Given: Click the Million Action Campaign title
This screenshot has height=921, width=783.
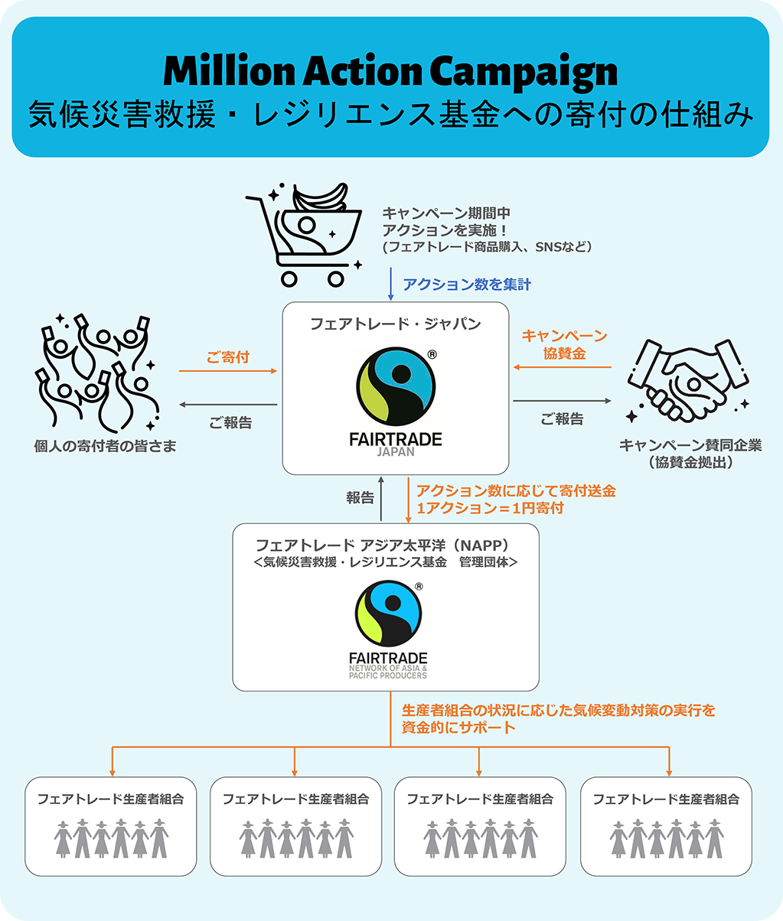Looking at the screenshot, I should pyautogui.click(x=390, y=72).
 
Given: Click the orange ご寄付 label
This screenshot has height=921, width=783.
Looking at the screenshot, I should pyautogui.click(x=228, y=357).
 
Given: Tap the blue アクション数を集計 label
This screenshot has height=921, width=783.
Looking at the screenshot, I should pyautogui.click(x=467, y=285).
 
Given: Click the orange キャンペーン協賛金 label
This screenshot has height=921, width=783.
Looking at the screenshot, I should pyautogui.click(x=564, y=344).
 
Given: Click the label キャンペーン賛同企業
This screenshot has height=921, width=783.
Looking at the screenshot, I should pyautogui.click(x=690, y=445).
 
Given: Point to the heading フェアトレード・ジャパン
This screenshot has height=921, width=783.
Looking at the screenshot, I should pyautogui.click(x=396, y=324).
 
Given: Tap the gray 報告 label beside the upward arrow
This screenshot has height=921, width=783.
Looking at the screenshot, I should pyautogui.click(x=360, y=498).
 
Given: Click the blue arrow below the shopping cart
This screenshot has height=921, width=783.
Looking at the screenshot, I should pyautogui.click(x=391, y=284).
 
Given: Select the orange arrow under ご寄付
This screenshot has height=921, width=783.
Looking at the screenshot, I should pyautogui.click(x=228, y=371).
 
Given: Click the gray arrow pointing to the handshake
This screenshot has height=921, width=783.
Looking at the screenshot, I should pyautogui.click(x=562, y=401).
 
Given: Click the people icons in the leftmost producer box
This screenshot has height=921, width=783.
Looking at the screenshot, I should pyautogui.click(x=111, y=838).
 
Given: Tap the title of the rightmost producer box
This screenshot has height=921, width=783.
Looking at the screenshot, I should pyautogui.click(x=666, y=799).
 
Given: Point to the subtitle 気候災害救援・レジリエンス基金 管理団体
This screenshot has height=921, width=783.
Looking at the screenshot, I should pyautogui.click(x=386, y=562).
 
